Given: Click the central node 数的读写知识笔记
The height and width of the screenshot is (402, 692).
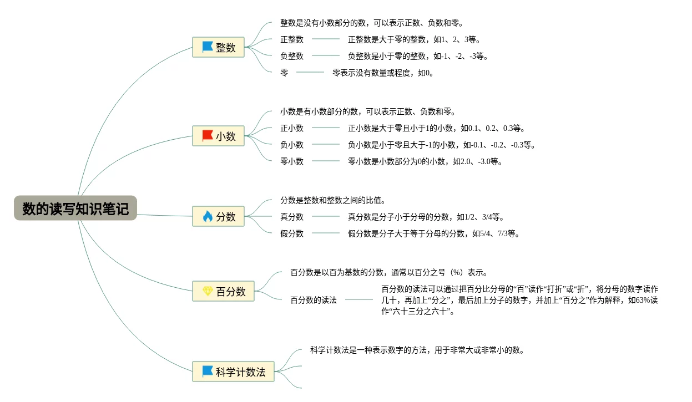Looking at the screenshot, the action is click(75, 208).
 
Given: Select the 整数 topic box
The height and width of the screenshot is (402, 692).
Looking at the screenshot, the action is click(218, 48).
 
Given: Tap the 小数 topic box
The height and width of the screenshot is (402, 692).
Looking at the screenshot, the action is click(218, 136).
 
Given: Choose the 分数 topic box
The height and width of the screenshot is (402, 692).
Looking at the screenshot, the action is click(218, 217).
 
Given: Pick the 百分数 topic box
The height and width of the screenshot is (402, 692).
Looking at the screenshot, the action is click(223, 292).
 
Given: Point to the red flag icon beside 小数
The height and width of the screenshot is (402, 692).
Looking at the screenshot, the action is click(208, 136).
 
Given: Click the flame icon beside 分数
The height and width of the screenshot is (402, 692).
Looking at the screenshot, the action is click(208, 216).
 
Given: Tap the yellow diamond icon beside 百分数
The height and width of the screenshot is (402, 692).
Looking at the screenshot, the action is click(208, 291).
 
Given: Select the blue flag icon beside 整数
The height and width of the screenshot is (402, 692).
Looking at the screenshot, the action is click(208, 47).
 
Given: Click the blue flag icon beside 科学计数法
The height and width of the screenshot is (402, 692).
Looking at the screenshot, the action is click(208, 371).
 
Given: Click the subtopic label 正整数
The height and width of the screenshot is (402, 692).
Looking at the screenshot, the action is click(292, 39).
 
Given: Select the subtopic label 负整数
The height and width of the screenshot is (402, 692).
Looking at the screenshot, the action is click(292, 56).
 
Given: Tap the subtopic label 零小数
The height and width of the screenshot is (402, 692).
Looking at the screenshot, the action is click(292, 161).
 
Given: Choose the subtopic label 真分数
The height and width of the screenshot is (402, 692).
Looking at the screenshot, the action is click(292, 217).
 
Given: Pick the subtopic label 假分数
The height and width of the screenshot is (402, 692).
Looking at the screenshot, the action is click(292, 233).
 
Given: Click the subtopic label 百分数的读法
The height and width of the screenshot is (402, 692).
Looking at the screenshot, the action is click(314, 300).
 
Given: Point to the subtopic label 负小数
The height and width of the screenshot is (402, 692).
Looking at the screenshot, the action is click(292, 145).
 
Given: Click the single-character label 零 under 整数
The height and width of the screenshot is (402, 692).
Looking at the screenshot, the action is click(284, 73).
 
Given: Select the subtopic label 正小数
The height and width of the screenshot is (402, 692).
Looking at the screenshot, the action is click(292, 128).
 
